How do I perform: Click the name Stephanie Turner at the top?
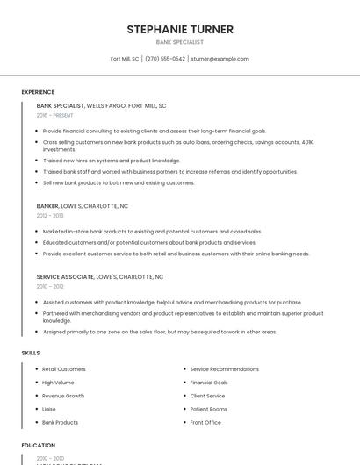click(179, 29)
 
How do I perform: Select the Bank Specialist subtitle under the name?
click(179, 42)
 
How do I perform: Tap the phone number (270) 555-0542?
click(165, 59)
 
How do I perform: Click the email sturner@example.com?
click(220, 59)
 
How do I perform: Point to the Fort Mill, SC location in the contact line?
click(125, 59)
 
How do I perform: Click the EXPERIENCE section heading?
click(38, 92)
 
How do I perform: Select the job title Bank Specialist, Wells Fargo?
click(101, 105)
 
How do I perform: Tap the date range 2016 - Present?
click(55, 115)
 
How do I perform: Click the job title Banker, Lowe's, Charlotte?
click(82, 206)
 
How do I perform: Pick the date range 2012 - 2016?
click(50, 215)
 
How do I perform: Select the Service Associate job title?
click(99, 276)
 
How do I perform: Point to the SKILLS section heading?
click(31, 353)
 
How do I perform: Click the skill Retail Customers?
click(64, 369)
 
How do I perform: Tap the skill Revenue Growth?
click(63, 396)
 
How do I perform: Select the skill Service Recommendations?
click(224, 369)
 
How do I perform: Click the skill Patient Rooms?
click(208, 409)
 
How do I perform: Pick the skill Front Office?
click(205, 422)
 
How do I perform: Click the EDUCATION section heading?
click(38, 446)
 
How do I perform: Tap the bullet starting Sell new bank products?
click(119, 182)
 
